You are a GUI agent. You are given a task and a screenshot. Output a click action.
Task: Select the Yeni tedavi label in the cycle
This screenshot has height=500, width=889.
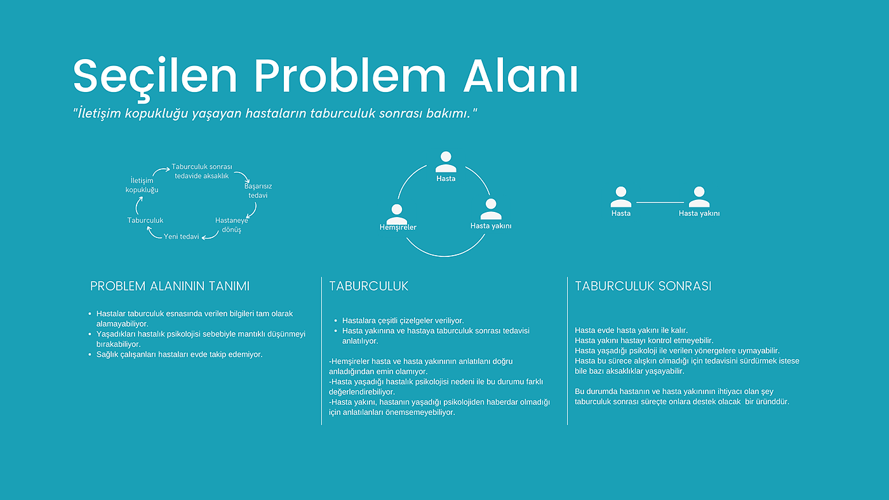click(182, 237)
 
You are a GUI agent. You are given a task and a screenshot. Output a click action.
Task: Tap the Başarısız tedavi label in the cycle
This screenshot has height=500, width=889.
click(258, 191)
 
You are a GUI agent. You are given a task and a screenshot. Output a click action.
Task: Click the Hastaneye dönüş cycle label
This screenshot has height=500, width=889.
click(232, 225)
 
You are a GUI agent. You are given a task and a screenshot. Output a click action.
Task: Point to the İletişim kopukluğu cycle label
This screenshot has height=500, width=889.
click(142, 185)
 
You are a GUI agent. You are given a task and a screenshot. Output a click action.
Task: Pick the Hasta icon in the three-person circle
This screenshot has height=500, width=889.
click(446, 162)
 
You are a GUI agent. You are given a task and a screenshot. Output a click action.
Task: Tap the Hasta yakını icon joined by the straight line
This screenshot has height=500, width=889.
click(699, 197)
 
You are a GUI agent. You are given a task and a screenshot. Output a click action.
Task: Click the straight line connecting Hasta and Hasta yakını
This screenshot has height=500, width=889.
click(660, 202)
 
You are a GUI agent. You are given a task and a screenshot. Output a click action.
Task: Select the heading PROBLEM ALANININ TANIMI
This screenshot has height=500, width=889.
click(170, 286)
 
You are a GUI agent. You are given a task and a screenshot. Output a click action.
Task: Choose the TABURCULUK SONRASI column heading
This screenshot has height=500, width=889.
click(643, 286)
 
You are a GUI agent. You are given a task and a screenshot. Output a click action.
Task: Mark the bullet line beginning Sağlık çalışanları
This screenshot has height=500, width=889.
click(179, 354)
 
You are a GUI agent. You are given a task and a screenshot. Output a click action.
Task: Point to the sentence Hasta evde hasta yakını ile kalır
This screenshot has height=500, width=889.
click(631, 330)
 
